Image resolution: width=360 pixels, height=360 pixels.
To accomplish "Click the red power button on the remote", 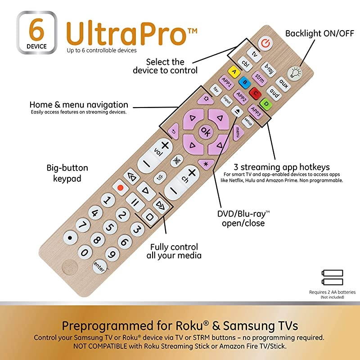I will click(x=266, y=43).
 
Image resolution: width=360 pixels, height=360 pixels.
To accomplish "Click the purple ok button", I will click(x=206, y=131).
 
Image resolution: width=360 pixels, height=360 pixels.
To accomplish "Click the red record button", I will click(x=120, y=186).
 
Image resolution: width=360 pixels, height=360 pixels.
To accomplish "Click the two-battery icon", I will click(x=333, y=277).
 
